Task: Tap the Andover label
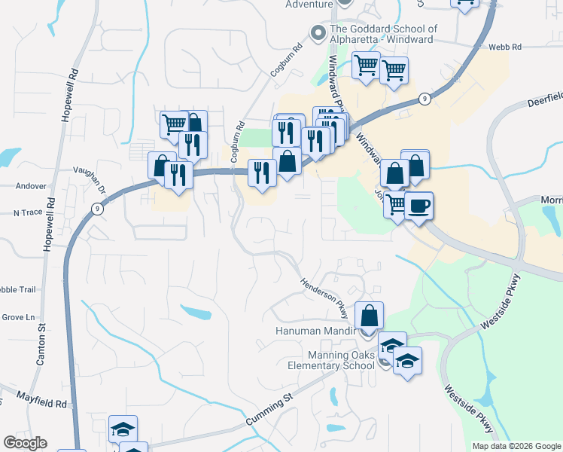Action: tap(31, 186)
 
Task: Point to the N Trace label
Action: tap(28, 213)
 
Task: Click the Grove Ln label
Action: tap(20, 317)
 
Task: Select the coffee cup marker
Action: tap(419, 204)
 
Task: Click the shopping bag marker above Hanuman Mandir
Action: tap(369, 315)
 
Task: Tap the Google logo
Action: tap(25, 443)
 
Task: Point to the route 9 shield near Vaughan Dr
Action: tap(97, 208)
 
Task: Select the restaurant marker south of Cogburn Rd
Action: tap(262, 173)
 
